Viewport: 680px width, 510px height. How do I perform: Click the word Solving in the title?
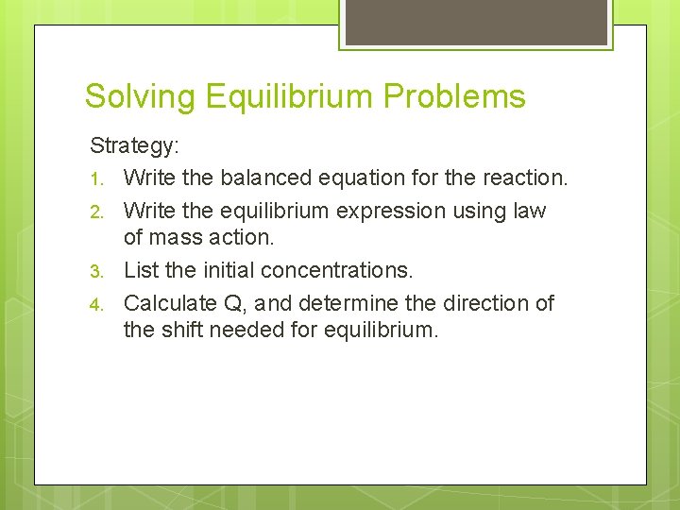(x=139, y=96)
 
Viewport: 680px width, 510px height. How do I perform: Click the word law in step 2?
(x=528, y=210)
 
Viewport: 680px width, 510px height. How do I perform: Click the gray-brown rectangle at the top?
(x=476, y=22)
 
